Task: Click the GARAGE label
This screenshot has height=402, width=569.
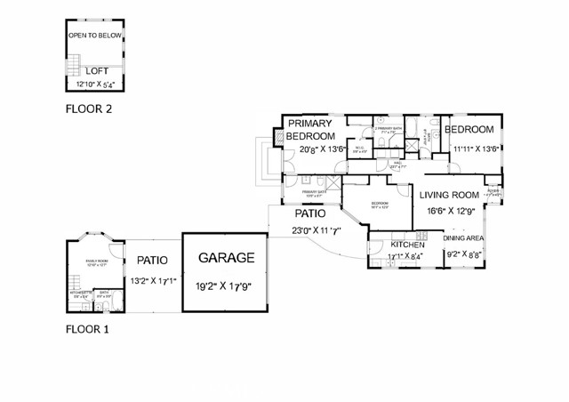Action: pyautogui.click(x=226, y=259)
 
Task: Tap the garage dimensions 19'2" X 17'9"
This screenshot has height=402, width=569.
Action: pyautogui.click(x=226, y=286)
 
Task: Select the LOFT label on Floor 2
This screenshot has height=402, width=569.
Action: pyautogui.click(x=97, y=69)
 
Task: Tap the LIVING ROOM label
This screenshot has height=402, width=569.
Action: pyautogui.click(x=449, y=195)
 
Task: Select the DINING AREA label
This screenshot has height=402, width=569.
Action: pyautogui.click(x=463, y=238)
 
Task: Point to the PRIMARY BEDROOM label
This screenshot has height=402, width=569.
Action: pyautogui.click(x=309, y=130)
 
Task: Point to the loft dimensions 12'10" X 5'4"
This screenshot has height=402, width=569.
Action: pyautogui.click(x=97, y=84)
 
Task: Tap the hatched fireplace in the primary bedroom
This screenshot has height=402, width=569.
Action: pyautogui.click(x=277, y=137)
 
